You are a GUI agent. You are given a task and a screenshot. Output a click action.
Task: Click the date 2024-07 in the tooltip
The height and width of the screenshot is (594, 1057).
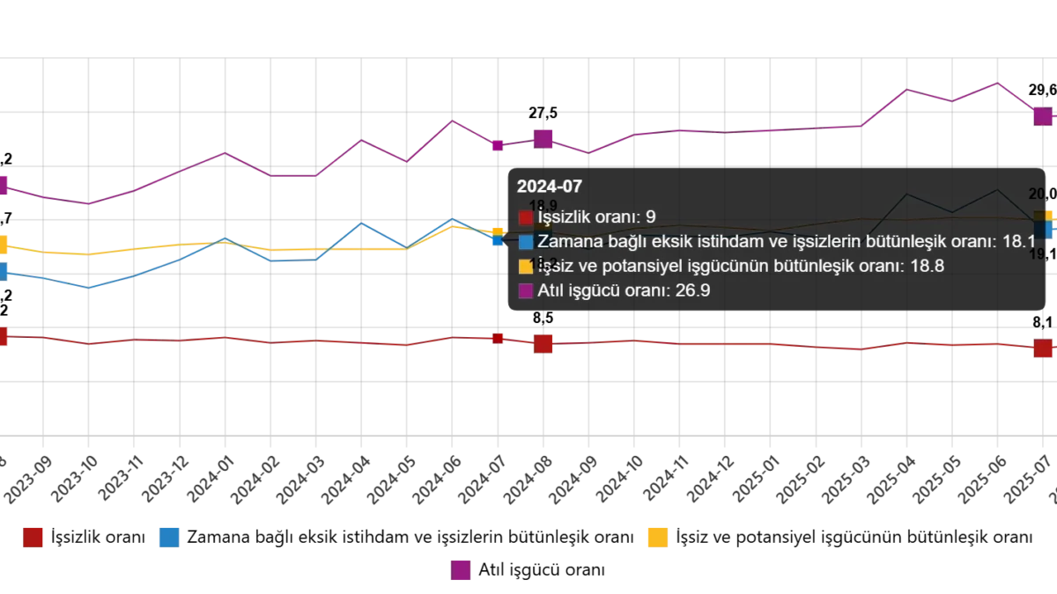(x=549, y=187)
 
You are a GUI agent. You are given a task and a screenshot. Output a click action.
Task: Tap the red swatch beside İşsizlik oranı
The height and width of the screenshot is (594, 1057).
(x=526, y=217)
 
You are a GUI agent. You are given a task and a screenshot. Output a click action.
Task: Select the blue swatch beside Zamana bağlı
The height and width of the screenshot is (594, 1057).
(x=526, y=242)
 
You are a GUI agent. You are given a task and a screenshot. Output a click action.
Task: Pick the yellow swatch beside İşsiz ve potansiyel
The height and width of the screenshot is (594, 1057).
(x=526, y=267)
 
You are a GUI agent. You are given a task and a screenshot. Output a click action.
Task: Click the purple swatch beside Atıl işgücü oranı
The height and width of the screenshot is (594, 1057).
(x=526, y=291)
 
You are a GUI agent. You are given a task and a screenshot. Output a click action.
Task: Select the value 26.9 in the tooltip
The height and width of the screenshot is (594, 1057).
(x=693, y=291)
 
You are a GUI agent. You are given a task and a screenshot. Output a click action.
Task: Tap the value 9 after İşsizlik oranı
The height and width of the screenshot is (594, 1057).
(x=650, y=217)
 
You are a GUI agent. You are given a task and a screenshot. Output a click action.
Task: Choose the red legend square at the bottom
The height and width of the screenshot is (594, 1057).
(x=33, y=536)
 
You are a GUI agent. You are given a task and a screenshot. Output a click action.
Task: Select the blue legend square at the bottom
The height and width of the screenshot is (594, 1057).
(x=169, y=536)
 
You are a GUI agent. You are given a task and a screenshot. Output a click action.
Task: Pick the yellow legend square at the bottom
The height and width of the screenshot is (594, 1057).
(x=657, y=536)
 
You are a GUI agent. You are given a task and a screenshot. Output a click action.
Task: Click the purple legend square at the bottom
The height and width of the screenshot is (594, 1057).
(x=460, y=570)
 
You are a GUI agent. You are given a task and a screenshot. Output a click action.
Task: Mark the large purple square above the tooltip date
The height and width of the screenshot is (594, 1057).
(x=543, y=138)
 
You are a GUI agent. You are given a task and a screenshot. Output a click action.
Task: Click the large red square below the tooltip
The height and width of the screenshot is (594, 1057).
(x=543, y=343)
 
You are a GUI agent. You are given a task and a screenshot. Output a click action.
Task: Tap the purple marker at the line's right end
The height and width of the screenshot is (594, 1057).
(x=1043, y=115)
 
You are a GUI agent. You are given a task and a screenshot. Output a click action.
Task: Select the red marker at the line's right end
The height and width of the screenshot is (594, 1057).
(x=1043, y=348)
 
